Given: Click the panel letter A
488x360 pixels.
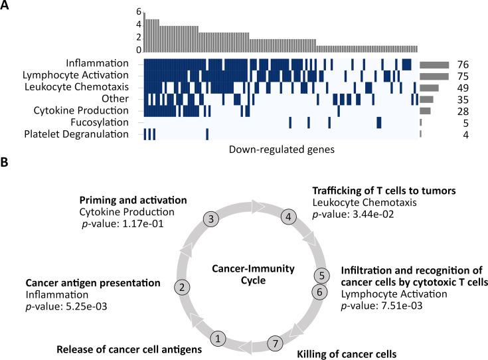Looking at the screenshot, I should [x=7, y=7].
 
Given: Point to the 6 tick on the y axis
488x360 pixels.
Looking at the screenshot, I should [x=139, y=12].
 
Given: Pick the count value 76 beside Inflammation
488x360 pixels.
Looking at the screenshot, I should [x=463, y=64].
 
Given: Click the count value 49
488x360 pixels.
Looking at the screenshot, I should [x=463, y=88].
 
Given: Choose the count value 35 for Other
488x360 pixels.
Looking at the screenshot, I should [x=463, y=100].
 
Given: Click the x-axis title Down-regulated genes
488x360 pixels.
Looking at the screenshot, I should [x=281, y=149].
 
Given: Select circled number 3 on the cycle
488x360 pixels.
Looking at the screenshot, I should [x=210, y=219].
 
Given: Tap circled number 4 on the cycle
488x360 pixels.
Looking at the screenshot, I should [x=289, y=216].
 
